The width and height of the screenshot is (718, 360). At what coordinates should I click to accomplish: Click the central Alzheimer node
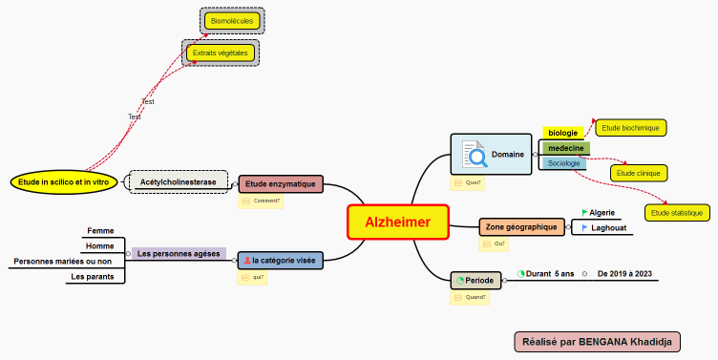tap(397, 222)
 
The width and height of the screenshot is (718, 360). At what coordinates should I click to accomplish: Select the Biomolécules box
tap(231, 20)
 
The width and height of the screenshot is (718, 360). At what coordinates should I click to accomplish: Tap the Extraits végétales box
tap(221, 53)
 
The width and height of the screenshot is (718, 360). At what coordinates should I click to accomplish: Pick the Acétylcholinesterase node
tap(179, 181)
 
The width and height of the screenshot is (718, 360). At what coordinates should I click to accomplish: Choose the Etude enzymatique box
tap(281, 183)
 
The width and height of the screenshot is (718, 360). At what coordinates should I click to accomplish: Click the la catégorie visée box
tap(281, 260)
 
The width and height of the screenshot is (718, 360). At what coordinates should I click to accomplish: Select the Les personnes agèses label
tap(179, 254)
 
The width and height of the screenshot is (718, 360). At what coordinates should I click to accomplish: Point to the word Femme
tap(100, 230)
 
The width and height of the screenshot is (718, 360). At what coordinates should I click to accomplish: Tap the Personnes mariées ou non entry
tap(63, 261)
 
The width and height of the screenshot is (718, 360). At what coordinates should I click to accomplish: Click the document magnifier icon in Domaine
tap(474, 155)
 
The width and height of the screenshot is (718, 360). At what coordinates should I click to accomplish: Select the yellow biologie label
tap(562, 133)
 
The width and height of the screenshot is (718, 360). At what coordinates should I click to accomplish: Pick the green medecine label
tap(566, 148)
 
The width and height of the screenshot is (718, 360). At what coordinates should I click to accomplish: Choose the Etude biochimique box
tap(631, 127)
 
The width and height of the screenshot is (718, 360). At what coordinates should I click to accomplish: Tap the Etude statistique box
tap(677, 213)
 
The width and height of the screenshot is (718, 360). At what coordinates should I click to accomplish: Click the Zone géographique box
tap(521, 227)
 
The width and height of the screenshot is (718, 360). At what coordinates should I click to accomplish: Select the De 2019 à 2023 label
tap(624, 274)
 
